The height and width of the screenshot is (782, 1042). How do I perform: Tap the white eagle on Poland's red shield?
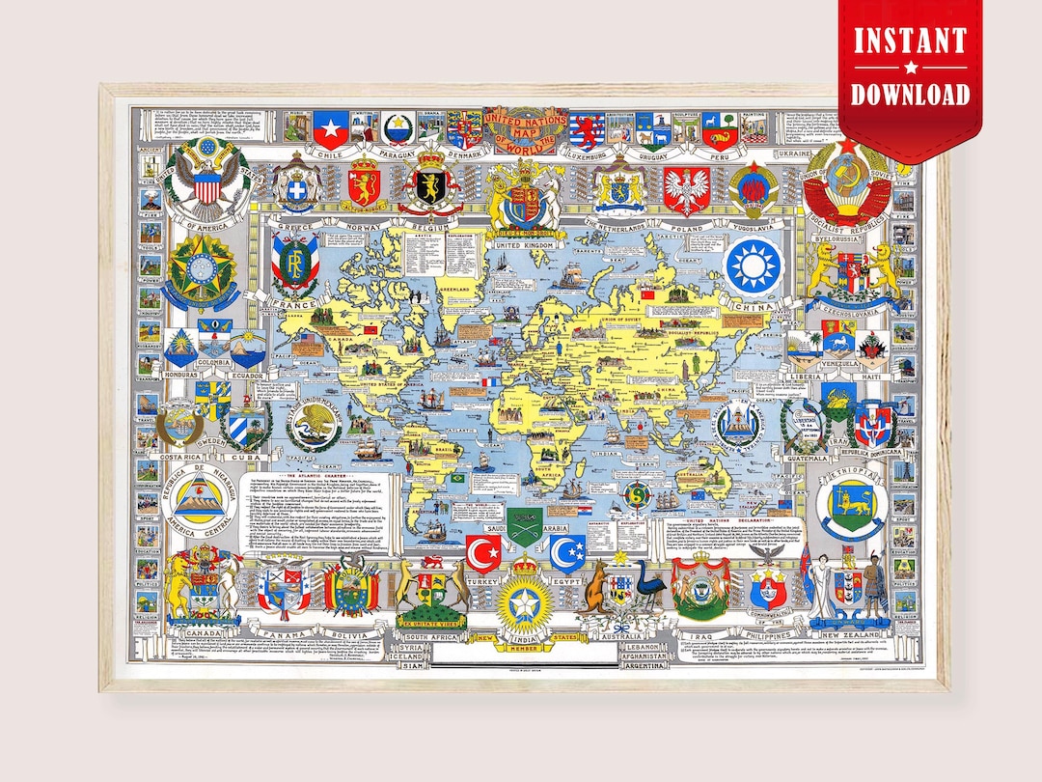point(686,190)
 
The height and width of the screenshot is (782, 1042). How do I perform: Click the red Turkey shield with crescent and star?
point(481,554)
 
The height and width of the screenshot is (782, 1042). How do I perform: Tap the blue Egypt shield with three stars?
point(567,554)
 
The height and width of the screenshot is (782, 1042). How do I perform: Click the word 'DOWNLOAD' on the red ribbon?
point(910,94)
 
